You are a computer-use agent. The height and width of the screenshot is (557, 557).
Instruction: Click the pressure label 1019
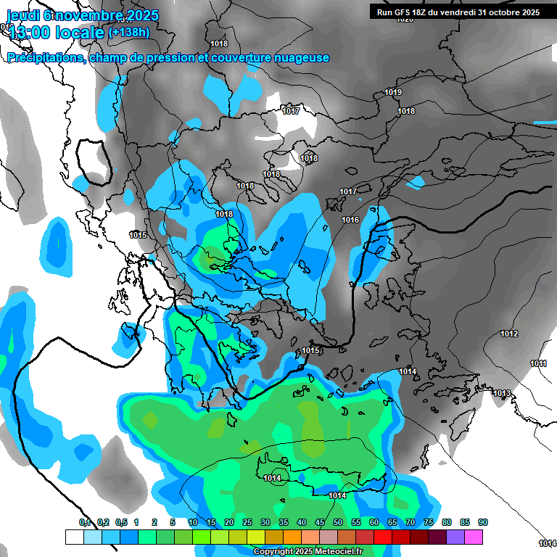click(393, 92)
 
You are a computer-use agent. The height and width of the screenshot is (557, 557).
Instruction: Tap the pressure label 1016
click(350, 220)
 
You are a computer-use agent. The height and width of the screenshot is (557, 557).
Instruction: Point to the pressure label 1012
click(509, 334)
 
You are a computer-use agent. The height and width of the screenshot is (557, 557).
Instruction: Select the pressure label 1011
click(538, 363)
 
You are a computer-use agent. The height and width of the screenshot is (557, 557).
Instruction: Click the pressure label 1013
click(502, 393)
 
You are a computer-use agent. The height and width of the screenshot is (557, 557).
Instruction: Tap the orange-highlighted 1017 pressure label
click(291, 111)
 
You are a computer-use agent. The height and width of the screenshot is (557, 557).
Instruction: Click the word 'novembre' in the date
click(84, 15)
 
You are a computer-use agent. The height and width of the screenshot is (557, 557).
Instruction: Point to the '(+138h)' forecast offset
click(128, 33)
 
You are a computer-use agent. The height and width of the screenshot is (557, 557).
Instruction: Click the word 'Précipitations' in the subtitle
click(45, 58)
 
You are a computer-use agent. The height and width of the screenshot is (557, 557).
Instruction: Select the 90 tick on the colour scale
click(482, 523)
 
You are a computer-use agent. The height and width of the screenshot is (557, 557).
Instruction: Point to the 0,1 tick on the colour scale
click(84, 523)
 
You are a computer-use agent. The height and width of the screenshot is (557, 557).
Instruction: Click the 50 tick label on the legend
click(338, 523)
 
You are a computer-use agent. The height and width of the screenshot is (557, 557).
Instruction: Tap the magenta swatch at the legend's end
click(474, 537)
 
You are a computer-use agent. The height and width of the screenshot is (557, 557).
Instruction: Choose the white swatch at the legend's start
click(74, 537)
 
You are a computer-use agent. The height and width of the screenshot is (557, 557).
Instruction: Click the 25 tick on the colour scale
click(247, 523)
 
